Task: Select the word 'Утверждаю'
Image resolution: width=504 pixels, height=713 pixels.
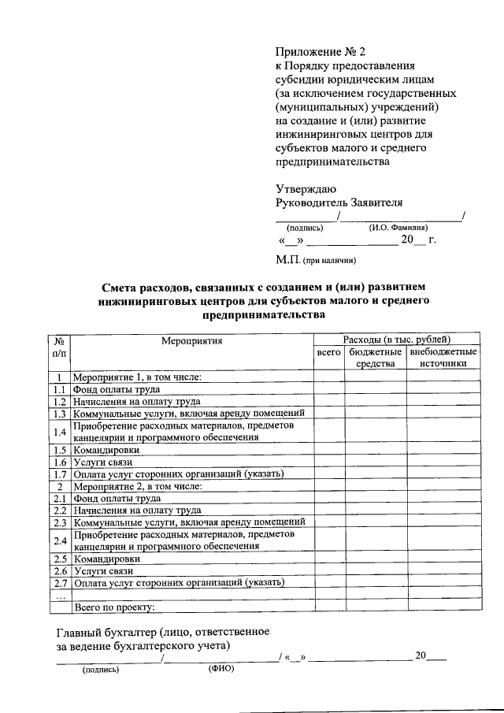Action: coord(306,188)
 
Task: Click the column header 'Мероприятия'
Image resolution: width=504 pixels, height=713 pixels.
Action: coord(192,341)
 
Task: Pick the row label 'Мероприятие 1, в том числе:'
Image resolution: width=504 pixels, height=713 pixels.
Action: coord(138,377)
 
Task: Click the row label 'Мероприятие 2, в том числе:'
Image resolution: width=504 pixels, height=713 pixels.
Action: coord(138,486)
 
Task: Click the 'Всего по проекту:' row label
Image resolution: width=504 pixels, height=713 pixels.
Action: coord(114,607)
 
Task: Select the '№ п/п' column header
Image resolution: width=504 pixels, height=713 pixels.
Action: coord(59,347)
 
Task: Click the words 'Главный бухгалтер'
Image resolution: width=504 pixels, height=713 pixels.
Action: coord(106,633)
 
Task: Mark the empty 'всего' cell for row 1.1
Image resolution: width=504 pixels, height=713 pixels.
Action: coord(328,389)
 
